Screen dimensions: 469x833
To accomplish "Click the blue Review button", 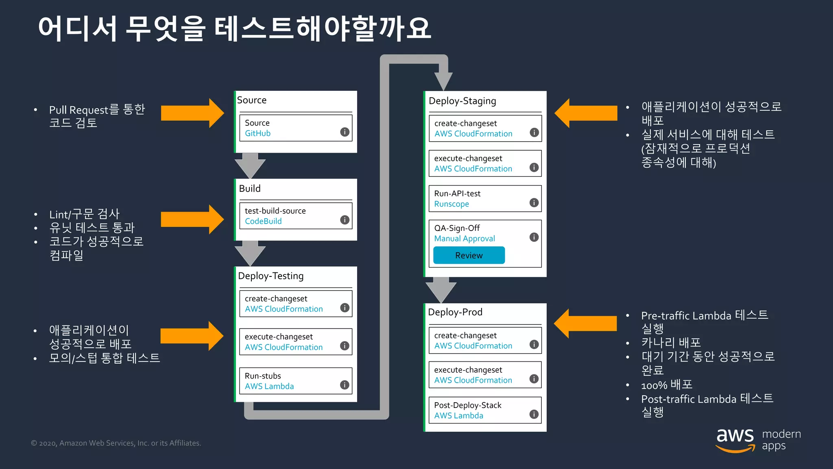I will click(469, 255).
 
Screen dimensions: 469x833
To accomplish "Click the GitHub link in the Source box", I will click(257, 134).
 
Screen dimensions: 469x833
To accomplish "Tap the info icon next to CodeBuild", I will click(345, 220).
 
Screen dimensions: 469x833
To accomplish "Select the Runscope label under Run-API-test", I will click(451, 204).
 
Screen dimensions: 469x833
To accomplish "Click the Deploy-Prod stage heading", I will click(455, 312).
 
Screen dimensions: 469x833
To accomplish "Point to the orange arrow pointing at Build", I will click(192, 219).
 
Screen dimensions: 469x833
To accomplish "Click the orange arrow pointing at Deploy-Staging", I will click(586, 113).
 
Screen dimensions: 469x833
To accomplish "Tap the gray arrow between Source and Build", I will click(250, 165).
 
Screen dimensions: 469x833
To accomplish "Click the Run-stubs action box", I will click(295, 381).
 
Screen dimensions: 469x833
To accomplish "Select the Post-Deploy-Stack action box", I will click(485, 410).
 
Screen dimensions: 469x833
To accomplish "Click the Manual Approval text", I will click(464, 239).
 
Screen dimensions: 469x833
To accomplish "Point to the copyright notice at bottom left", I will click(116, 443).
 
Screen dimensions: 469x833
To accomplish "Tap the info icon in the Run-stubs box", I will click(345, 385).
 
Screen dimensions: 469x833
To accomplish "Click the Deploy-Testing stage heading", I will click(270, 276).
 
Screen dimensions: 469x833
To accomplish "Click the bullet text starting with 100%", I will click(666, 385).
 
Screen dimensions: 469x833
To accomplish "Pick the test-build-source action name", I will click(275, 211).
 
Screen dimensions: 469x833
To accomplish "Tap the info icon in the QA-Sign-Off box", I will click(534, 237).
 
